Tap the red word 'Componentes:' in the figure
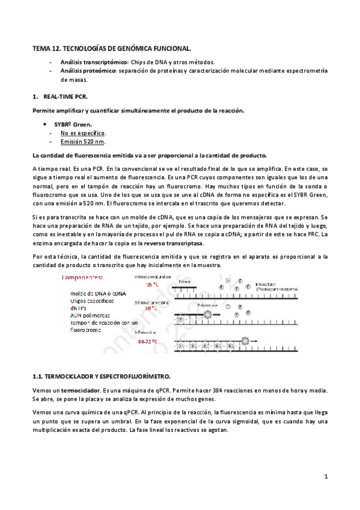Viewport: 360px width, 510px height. pyautogui.click(x=83, y=277)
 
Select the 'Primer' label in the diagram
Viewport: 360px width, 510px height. pyautogui.click(x=188, y=281)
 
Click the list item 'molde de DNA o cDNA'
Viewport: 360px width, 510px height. pyautogui.click(x=97, y=292)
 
